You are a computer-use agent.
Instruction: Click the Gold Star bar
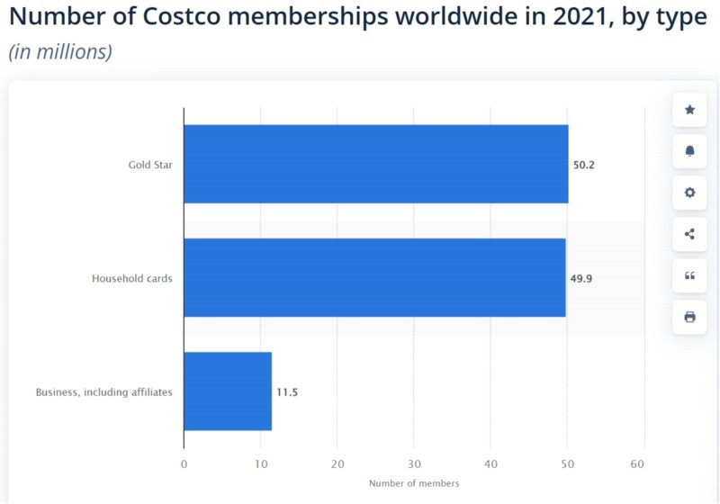(375, 164)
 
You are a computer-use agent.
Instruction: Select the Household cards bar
(374, 277)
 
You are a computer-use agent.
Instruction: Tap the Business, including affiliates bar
(228, 391)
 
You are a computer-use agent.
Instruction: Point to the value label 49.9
(581, 278)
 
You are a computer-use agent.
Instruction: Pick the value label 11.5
(287, 392)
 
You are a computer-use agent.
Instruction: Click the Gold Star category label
(150, 165)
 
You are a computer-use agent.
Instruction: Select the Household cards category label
(132, 278)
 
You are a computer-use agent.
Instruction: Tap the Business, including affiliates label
(103, 392)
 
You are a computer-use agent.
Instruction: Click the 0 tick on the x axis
(184, 464)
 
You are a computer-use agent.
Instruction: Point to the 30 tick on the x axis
(414, 464)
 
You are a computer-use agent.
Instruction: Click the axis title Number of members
(414, 483)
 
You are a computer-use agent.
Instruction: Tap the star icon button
(690, 110)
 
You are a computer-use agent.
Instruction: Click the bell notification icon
(690, 151)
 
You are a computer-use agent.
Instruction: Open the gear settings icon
(690, 193)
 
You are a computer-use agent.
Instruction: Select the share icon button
(690, 234)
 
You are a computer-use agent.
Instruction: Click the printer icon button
(690, 317)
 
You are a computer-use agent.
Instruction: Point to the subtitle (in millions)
(60, 51)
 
